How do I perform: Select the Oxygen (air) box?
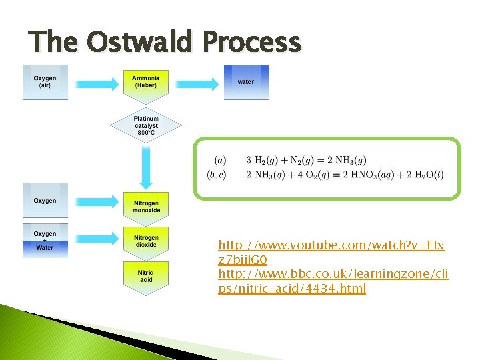coord(45,82)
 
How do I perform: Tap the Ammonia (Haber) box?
coord(146,82)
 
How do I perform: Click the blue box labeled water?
coord(246,82)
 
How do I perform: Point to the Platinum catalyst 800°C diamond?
coord(146,125)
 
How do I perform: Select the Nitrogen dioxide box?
coord(146,241)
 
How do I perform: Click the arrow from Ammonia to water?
coord(197,83)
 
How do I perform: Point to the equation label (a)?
coord(220,161)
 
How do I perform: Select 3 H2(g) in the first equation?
coord(261,161)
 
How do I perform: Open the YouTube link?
coord(331,252)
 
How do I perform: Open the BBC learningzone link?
coord(333,281)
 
